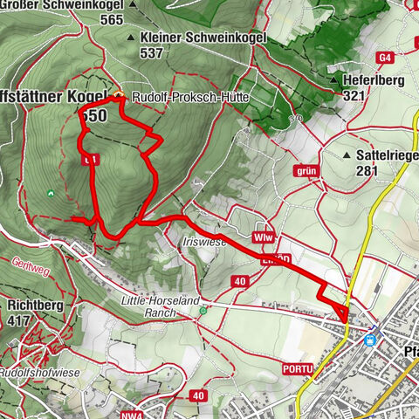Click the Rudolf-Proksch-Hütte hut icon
coord(119,97)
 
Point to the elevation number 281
coord(367,171)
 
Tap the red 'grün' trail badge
coord(306,171)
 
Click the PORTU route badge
coord(296,368)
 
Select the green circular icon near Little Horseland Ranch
coord(203,310)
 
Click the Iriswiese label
coord(204,242)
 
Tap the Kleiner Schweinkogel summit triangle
coord(131,38)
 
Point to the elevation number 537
coord(150,53)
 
